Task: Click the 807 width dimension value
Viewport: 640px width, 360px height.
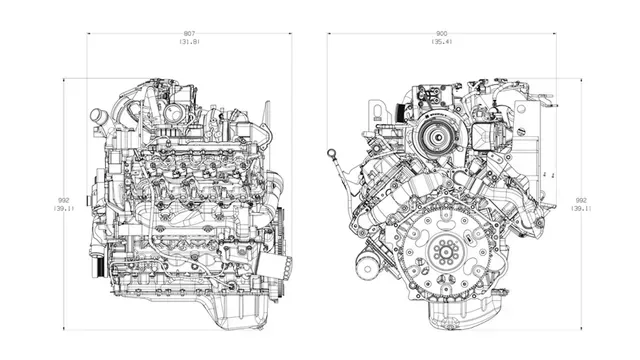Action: [x=189, y=33]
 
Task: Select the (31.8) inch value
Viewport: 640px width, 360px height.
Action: [x=189, y=42]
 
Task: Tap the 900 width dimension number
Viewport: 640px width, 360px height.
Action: [x=441, y=33]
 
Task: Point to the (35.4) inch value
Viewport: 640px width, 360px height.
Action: [x=441, y=42]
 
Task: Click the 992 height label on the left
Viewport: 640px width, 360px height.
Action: [x=63, y=198]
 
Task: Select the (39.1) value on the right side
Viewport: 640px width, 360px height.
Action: [x=580, y=208]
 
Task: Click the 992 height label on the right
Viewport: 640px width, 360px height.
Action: [x=580, y=198]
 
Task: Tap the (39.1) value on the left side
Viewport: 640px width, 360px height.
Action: [x=63, y=208]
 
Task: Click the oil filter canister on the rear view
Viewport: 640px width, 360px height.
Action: [x=367, y=267]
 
